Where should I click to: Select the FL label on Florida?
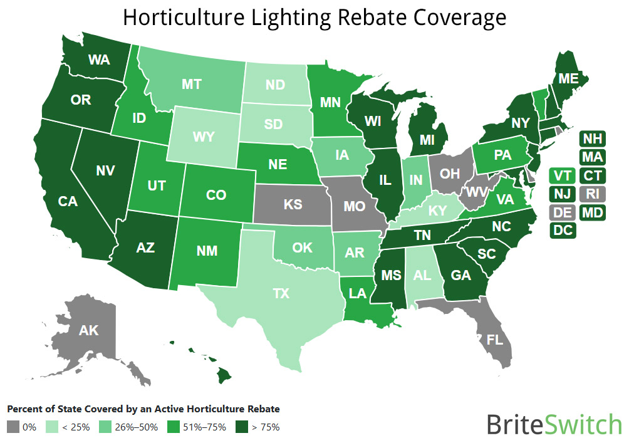click(495, 340)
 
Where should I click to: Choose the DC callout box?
click(563, 230)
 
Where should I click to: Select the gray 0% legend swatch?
click(13, 427)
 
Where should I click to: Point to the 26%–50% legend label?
click(137, 427)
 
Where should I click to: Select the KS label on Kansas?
click(293, 204)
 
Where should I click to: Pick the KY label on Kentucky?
click(437, 212)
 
